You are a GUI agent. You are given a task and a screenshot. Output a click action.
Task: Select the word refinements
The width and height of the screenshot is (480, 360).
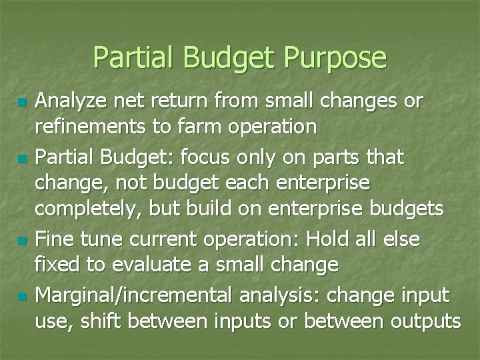coord(89,127)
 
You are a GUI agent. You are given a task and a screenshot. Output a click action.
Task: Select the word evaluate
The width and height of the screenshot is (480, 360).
coord(156,265)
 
